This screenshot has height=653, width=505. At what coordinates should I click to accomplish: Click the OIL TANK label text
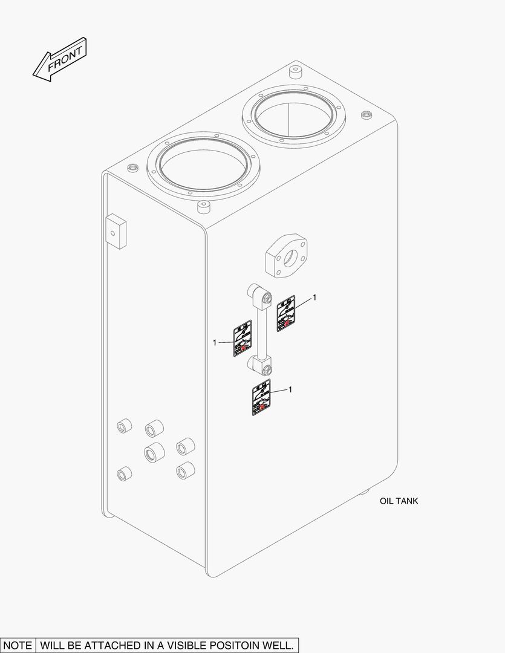pyautogui.click(x=399, y=501)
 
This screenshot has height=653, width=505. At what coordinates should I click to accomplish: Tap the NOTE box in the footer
pyautogui.click(x=18, y=645)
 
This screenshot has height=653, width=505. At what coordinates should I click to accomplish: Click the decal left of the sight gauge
pyautogui.click(x=243, y=339)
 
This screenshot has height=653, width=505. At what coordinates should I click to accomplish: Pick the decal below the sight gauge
pyautogui.click(x=261, y=398)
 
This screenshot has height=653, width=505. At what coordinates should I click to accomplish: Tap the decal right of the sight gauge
pyautogui.click(x=285, y=314)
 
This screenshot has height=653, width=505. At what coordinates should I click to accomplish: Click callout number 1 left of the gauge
pyautogui.click(x=215, y=343)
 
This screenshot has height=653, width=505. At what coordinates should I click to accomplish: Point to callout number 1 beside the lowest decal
pyautogui.click(x=290, y=390)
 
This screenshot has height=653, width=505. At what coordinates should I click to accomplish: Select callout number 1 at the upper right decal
pyautogui.click(x=314, y=298)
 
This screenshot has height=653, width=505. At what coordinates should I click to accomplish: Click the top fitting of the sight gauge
pyautogui.click(x=258, y=296)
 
